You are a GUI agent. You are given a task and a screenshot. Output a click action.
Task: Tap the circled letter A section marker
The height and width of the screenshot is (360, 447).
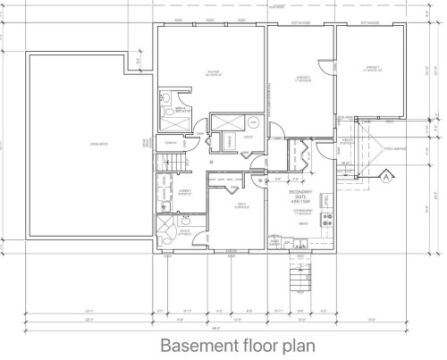tap(385, 175)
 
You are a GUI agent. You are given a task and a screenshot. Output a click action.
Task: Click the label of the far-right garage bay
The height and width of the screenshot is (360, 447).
tap(370, 69)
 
